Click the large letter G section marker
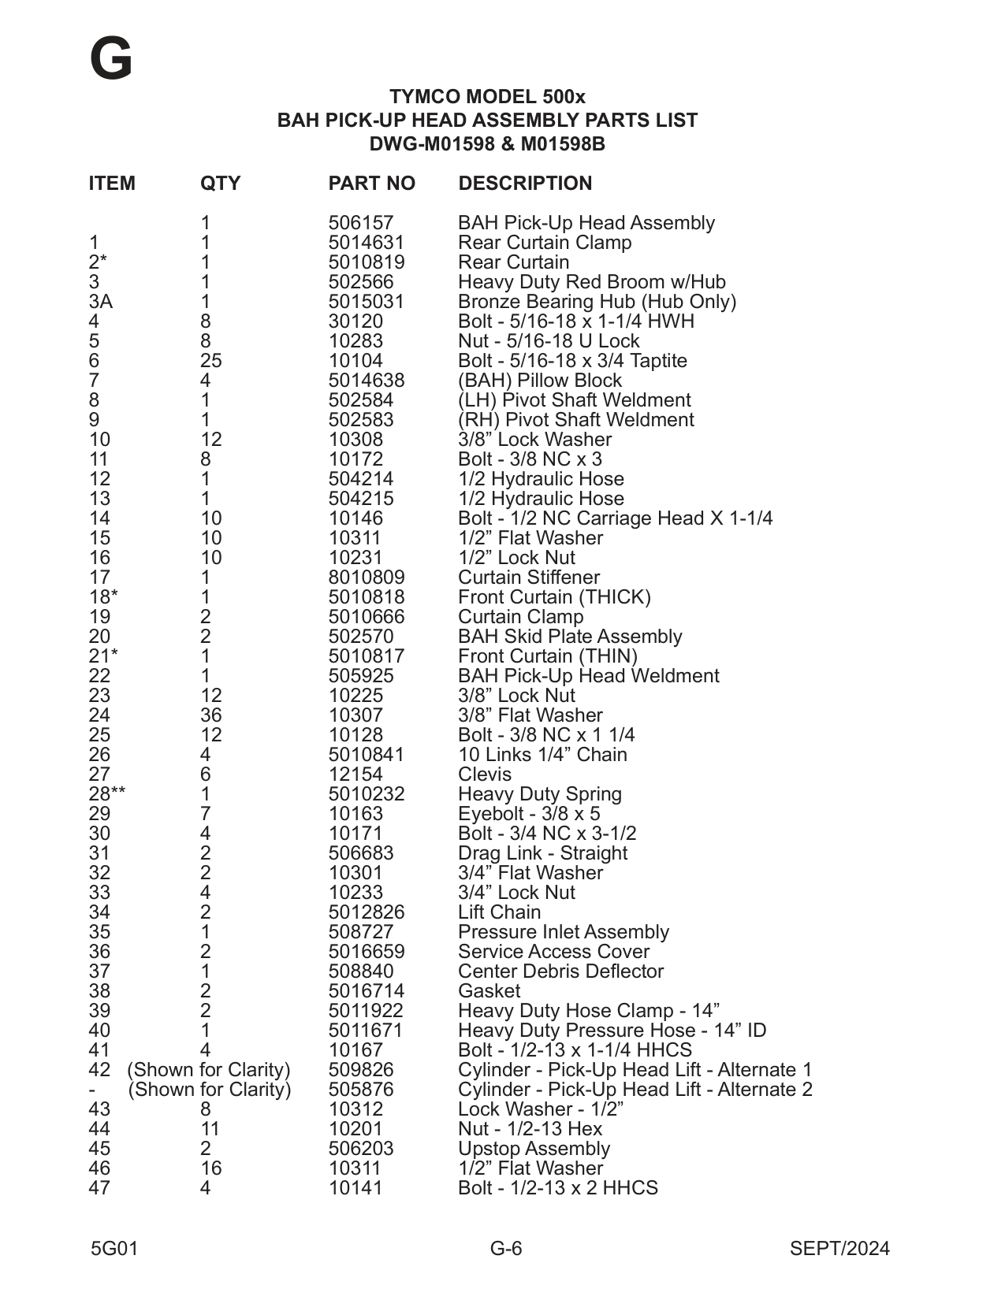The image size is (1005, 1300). [x=111, y=60]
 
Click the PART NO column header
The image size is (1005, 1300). [x=371, y=184]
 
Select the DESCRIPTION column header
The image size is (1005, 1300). [x=525, y=184]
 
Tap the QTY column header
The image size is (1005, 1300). [x=220, y=184]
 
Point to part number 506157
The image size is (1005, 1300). [x=360, y=223]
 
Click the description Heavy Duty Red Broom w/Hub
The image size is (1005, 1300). [x=591, y=282]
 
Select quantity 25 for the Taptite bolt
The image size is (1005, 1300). [x=210, y=361]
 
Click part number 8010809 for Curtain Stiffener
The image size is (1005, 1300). [x=367, y=578]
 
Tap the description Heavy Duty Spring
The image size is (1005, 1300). [x=539, y=794]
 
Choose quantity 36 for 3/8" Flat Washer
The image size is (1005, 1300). [x=210, y=715]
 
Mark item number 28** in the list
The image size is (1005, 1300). [x=107, y=794]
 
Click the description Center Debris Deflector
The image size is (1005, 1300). [x=560, y=971]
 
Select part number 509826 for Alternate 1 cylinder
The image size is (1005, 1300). [x=360, y=1070]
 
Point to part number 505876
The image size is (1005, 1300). [x=360, y=1090]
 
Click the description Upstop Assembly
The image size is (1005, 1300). [x=534, y=1149]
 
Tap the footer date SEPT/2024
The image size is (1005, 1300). [x=839, y=1249]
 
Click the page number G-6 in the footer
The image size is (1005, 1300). [x=506, y=1249]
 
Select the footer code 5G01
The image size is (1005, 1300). [x=114, y=1249]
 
